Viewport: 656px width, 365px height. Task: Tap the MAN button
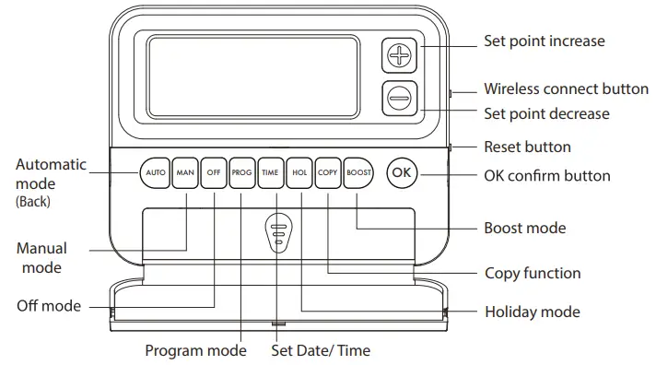click(185, 172)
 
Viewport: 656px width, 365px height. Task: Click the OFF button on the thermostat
click(214, 172)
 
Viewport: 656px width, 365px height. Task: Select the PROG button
click(241, 172)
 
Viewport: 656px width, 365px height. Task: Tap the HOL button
click(299, 172)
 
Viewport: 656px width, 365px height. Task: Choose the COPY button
click(327, 172)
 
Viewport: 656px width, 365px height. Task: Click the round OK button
click(402, 172)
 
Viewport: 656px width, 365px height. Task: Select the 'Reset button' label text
click(527, 147)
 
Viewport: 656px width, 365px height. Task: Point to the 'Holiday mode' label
click(533, 312)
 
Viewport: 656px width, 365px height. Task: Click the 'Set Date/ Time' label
click(321, 350)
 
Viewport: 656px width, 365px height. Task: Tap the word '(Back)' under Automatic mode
click(33, 200)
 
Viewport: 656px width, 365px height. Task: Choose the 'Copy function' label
click(533, 273)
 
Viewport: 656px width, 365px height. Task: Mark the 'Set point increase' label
click(545, 41)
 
